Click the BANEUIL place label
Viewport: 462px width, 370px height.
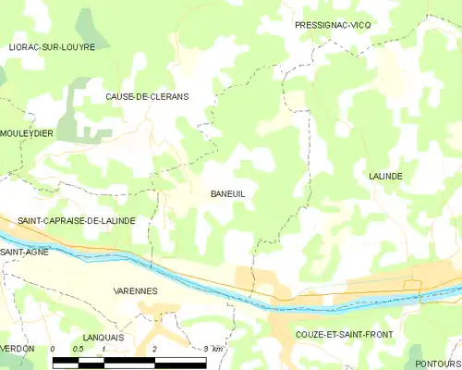226,193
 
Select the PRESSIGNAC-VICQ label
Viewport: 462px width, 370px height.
331,25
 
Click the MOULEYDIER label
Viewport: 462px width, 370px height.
27,133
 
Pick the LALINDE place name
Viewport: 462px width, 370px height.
385,175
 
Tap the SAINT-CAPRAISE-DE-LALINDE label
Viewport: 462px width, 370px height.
77,221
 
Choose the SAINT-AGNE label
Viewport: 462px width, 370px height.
24,252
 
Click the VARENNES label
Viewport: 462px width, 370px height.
136,290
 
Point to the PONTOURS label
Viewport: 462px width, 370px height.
438,364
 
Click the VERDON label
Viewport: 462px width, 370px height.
18,348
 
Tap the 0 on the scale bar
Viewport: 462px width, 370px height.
53,349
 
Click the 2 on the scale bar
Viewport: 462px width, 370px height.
154,349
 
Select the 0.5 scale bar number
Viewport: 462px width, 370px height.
79,349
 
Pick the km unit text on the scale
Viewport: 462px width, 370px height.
217,349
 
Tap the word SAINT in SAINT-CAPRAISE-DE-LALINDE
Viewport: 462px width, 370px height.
33,221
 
